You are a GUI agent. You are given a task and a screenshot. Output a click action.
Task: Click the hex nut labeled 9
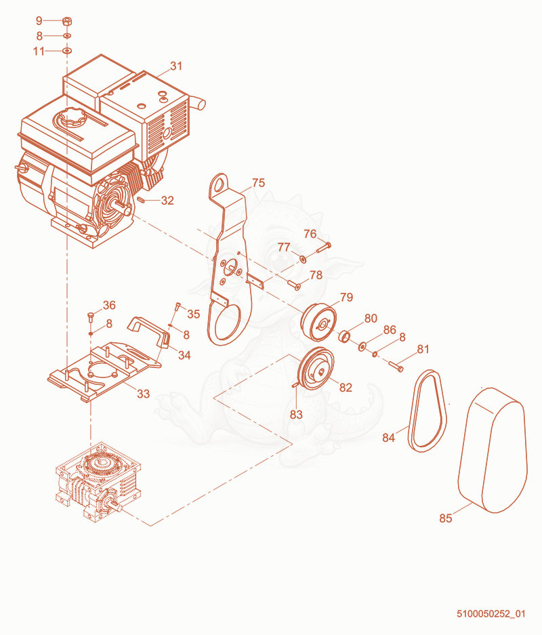[67, 20]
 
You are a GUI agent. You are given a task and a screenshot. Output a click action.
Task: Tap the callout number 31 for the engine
[176, 66]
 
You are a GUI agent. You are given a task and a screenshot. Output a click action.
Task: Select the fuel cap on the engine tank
[70, 118]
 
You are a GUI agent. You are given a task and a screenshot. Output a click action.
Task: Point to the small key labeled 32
[142, 199]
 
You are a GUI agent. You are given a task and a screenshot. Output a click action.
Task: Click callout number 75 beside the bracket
[258, 183]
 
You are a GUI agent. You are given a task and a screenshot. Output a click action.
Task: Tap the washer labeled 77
[303, 258]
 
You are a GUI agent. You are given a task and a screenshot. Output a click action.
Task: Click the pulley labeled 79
[318, 322]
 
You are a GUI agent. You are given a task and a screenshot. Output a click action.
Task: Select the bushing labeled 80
[344, 336]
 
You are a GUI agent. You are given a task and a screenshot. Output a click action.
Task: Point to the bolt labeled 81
[396, 366]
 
